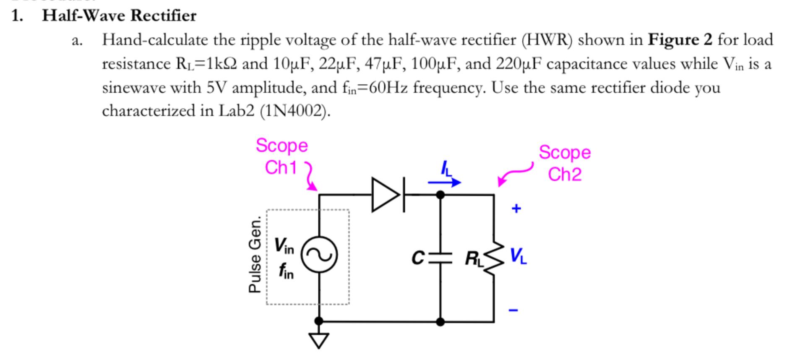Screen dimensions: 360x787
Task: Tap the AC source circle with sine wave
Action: click(320, 255)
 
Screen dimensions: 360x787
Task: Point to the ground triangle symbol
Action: click(319, 340)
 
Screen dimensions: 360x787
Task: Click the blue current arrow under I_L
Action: click(444, 182)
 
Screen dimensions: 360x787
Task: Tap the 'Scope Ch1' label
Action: click(281, 157)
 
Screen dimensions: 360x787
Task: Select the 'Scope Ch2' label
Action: click(565, 163)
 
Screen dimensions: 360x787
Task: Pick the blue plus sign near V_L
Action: click(516, 208)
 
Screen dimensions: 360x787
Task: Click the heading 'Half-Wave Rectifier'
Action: click(119, 16)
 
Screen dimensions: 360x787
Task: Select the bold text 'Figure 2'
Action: click(680, 40)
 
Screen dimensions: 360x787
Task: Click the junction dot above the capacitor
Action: click(440, 195)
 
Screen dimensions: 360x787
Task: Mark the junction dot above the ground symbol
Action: click(319, 321)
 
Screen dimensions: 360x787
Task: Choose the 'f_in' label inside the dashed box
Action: click(286, 271)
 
